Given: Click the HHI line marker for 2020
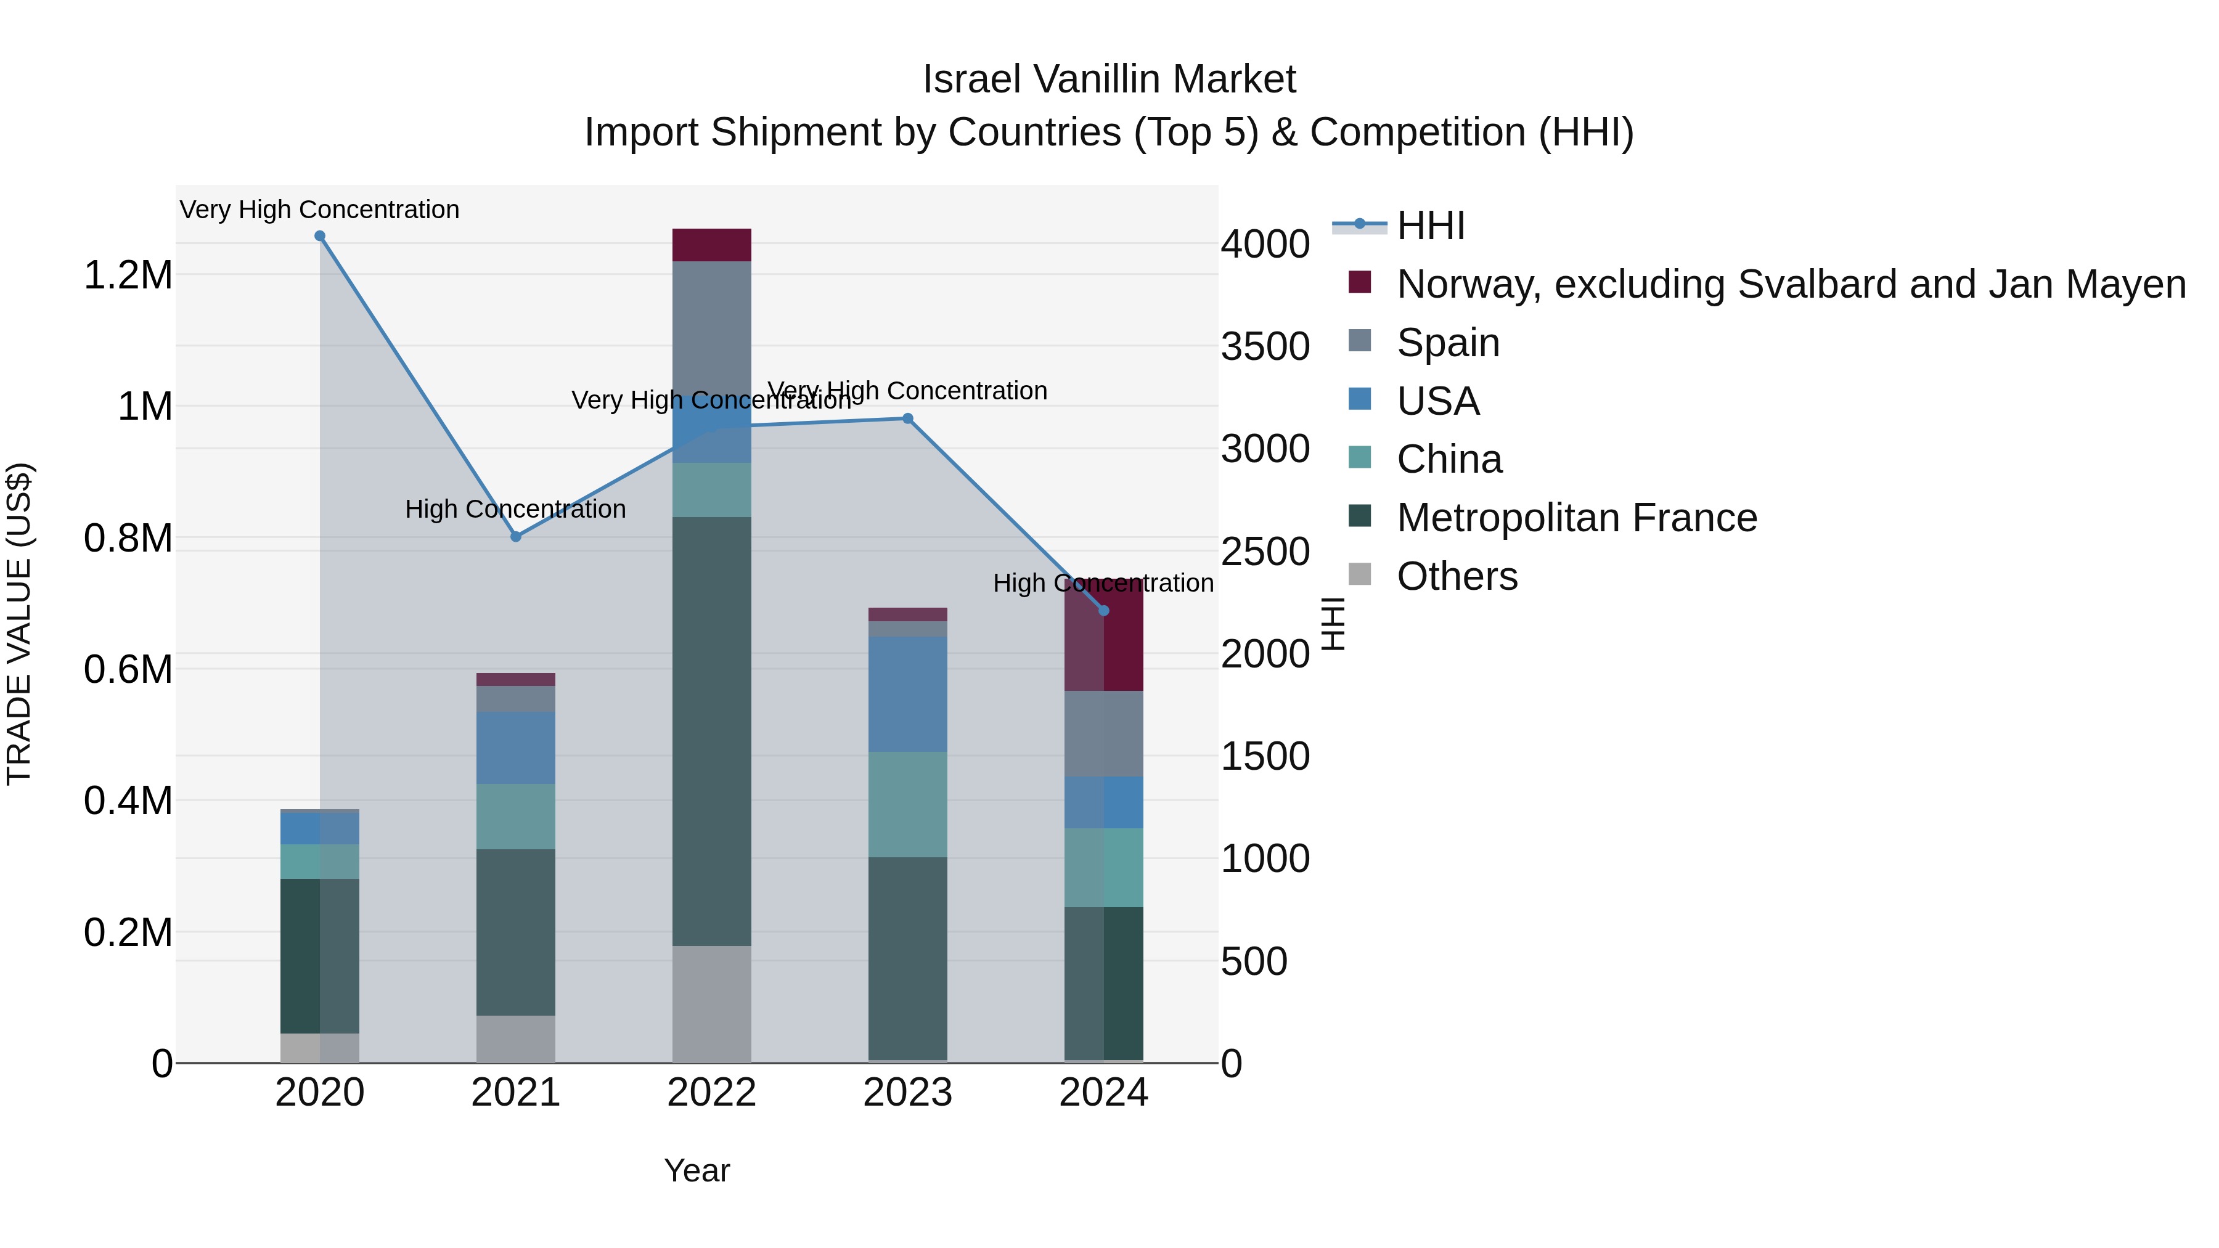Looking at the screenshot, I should (319, 236).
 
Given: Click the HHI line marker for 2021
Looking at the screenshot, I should (516, 537).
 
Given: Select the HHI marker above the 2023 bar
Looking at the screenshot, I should (907, 418).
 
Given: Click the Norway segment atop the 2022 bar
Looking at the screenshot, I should (711, 245).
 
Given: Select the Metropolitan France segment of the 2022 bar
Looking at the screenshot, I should (711, 732).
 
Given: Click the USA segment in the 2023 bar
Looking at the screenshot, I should (907, 693).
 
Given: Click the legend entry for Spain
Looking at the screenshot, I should (1447, 343).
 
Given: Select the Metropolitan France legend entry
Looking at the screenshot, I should (1575, 518).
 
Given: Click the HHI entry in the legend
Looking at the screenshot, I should (1430, 226).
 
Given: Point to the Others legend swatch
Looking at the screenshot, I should (1359, 574).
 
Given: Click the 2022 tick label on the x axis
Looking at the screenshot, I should (711, 1093).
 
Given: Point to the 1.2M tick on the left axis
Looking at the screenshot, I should (128, 275).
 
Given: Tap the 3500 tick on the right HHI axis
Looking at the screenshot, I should (1265, 346).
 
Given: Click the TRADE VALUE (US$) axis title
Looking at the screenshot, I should (19, 624).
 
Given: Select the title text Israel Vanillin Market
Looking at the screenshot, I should (1109, 80).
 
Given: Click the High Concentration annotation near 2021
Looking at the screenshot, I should (515, 509).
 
